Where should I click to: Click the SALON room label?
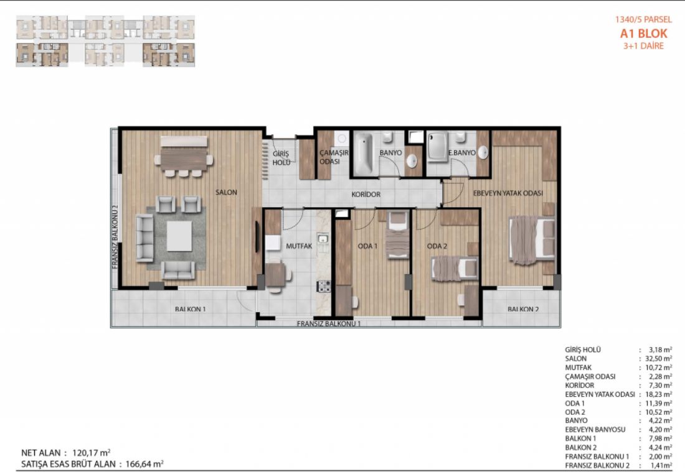pos(226,192)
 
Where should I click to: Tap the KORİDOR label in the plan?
pos(366,194)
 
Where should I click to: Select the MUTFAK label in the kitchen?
pos(299,246)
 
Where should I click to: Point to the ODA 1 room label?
pos(367,246)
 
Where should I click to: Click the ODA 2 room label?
pos(437,246)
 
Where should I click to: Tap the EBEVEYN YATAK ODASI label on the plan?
pos(508,193)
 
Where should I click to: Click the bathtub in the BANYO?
pos(363,153)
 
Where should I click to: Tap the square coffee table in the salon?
pos(179,236)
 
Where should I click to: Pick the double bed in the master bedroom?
pos(532,239)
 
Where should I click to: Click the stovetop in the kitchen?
pos(324,287)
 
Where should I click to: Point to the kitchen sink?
pos(323,239)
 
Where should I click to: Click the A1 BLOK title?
pos(643,34)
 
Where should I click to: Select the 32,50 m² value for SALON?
pos(658,359)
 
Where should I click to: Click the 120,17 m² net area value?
pos(91,453)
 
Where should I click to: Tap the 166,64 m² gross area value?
pos(144,464)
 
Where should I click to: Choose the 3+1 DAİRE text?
pos(643,46)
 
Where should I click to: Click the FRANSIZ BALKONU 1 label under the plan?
pos(329,323)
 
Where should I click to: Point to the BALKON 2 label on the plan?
pos(523,309)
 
